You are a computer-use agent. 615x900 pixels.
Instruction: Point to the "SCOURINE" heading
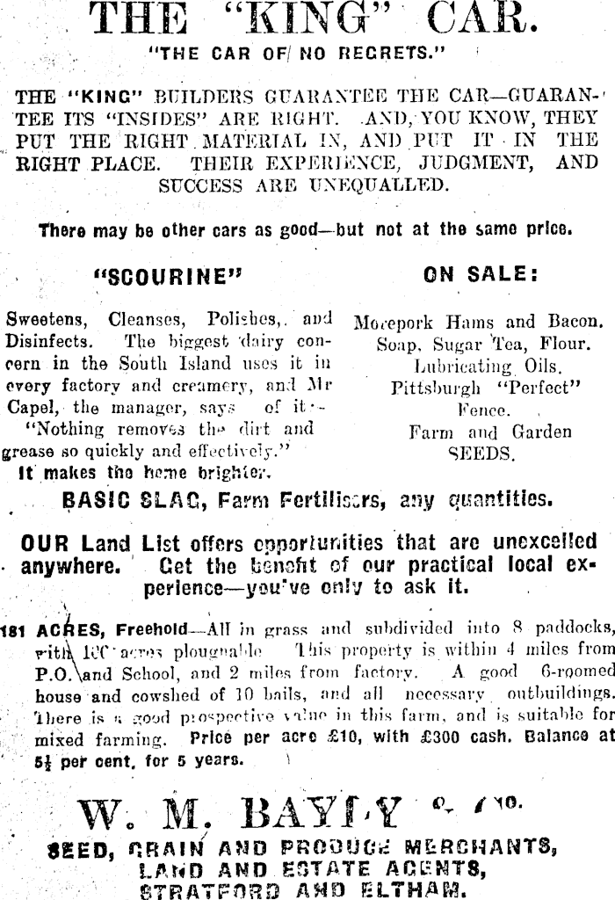pos(167,277)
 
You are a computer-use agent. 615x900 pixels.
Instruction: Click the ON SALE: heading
pos(480,275)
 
